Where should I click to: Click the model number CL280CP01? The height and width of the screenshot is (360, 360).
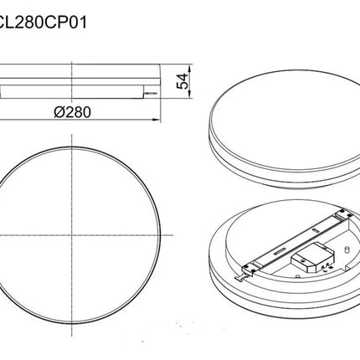(43, 23)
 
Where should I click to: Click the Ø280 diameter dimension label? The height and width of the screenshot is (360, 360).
(72, 112)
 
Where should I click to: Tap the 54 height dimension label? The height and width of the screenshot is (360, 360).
(183, 81)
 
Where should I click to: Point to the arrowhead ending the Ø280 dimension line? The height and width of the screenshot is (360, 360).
(157, 120)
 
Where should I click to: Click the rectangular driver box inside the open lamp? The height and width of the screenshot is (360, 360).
(313, 258)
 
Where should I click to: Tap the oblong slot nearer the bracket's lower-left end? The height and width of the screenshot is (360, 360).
(279, 251)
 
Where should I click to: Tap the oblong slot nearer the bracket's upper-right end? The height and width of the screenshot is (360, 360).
(316, 230)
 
